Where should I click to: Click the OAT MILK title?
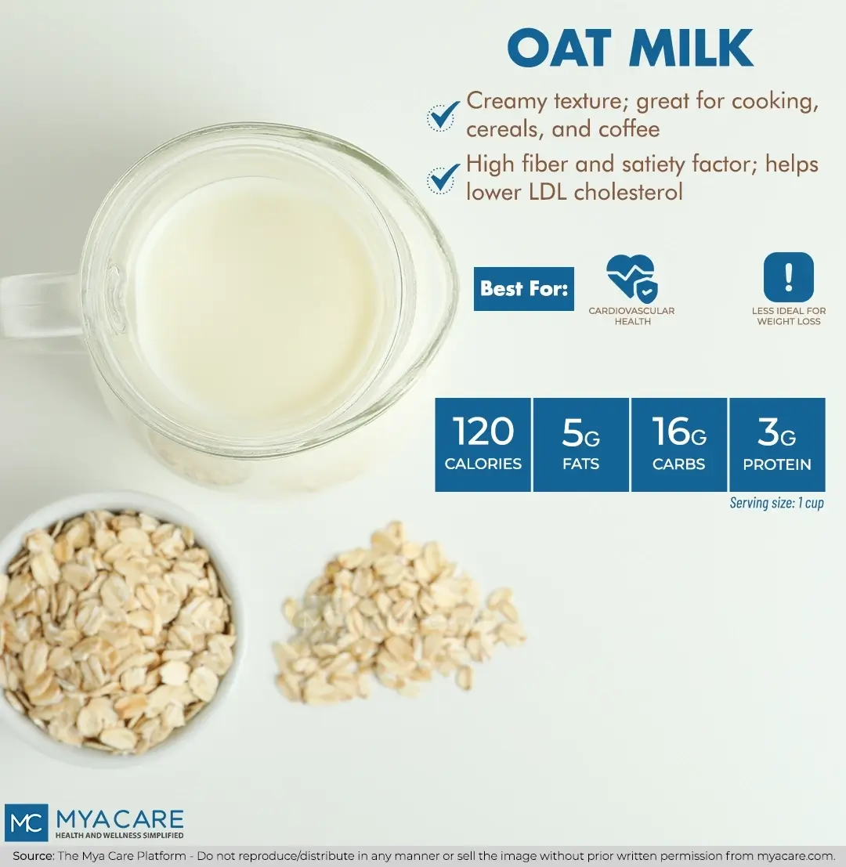[630, 49]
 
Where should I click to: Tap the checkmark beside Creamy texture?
[443, 115]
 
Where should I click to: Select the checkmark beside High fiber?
[443, 178]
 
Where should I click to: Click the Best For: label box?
[523, 289]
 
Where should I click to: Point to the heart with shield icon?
[631, 277]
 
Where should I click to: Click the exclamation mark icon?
[788, 277]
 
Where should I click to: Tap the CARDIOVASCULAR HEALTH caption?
[631, 316]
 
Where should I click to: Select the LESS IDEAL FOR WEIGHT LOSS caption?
[788, 316]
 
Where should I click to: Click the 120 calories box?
[483, 445]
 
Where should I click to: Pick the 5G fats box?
[580, 445]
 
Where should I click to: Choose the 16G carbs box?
[678, 445]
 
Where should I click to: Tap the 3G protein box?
[776, 445]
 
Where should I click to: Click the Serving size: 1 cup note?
[776, 503]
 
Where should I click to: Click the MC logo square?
[26, 822]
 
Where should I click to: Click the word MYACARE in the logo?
[119, 819]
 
